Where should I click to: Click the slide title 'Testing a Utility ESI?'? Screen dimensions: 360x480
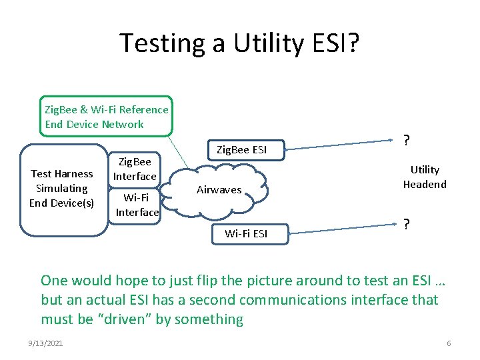tap(240, 43)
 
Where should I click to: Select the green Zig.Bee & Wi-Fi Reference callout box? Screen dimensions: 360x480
tap(107, 117)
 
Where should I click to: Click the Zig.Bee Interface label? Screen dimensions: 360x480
tap(135, 169)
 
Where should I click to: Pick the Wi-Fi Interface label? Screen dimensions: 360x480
tap(137, 205)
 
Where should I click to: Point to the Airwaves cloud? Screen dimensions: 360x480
tap(219, 190)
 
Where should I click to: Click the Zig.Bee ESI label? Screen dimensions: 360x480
tap(241, 150)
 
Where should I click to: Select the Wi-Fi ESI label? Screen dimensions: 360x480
tap(246, 233)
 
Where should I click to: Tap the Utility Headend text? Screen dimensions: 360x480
tap(425, 177)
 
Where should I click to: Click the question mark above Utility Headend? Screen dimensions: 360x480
tap(406, 141)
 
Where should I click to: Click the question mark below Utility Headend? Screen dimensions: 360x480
tap(406, 225)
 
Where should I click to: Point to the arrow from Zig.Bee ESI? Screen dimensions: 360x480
tap(340, 145)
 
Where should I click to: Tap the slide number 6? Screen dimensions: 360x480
tap(449, 343)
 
